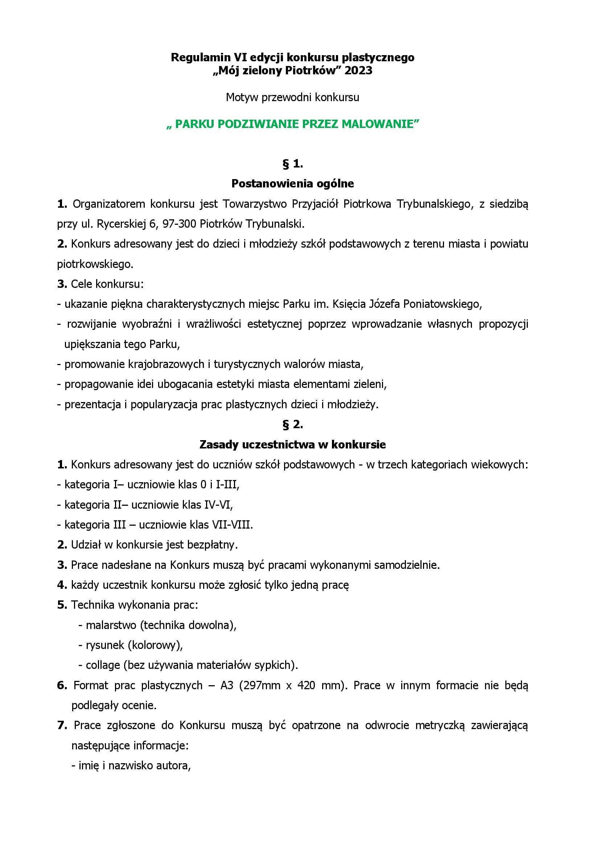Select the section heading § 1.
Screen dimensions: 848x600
pyautogui.click(x=293, y=164)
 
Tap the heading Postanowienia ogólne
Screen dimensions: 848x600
pyautogui.click(x=293, y=183)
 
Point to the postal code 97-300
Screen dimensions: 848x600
pyautogui.click(x=179, y=224)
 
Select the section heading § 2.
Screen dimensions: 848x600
pyautogui.click(x=293, y=425)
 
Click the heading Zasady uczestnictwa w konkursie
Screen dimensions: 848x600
pyautogui.click(x=293, y=445)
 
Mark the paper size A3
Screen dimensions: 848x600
pyautogui.click(x=227, y=686)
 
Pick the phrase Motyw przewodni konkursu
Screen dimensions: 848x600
pyautogui.click(x=293, y=98)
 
